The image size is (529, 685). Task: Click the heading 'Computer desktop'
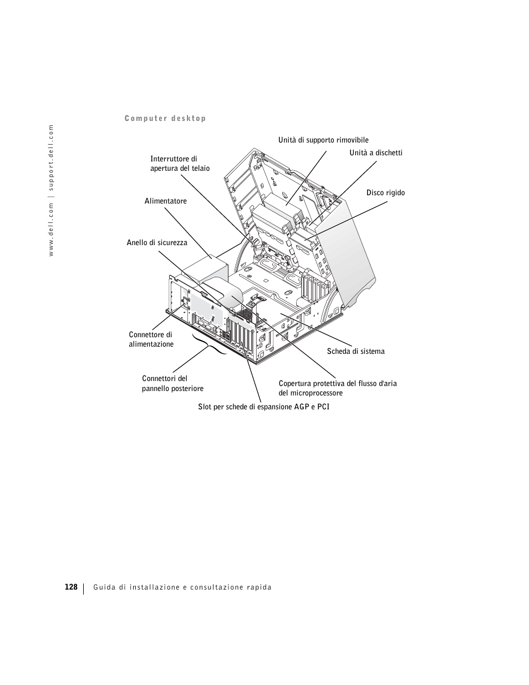(x=165, y=118)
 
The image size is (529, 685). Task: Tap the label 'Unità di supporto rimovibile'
(x=323, y=140)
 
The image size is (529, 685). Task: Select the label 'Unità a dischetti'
(x=375, y=153)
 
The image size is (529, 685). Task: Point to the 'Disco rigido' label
(x=385, y=193)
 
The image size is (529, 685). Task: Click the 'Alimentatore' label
(x=165, y=201)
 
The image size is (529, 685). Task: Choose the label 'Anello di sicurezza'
(x=157, y=243)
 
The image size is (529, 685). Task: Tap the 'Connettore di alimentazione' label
(x=151, y=339)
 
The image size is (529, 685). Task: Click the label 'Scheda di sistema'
(x=355, y=352)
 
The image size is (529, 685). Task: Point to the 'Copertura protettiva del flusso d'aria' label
(x=338, y=384)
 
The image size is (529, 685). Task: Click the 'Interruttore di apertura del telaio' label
(x=180, y=164)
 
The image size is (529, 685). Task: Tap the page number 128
(x=70, y=587)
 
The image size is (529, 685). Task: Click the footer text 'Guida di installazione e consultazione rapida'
(x=182, y=587)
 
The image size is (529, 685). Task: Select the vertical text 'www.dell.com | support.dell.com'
(x=50, y=190)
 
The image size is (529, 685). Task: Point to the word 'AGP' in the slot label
(x=296, y=407)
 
